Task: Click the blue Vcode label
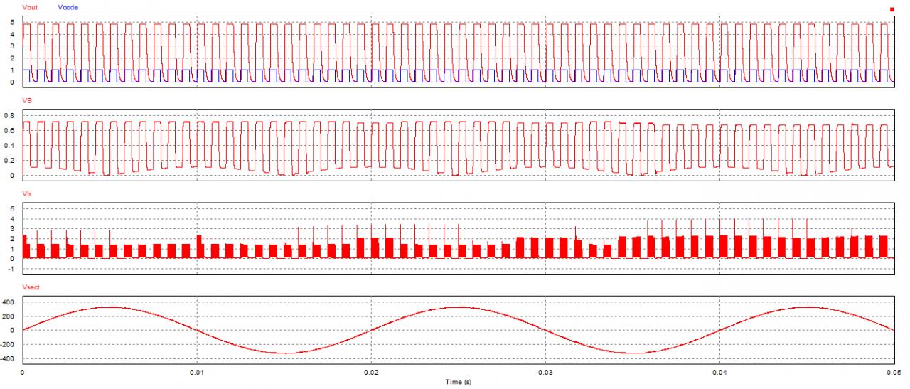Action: point(68,6)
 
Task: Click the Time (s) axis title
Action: point(456,382)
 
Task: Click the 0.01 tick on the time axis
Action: point(197,372)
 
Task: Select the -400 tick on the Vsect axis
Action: point(7,359)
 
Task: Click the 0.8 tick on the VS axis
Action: point(9,114)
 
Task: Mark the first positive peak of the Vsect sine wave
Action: point(110,307)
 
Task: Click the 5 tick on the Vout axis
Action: point(11,22)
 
